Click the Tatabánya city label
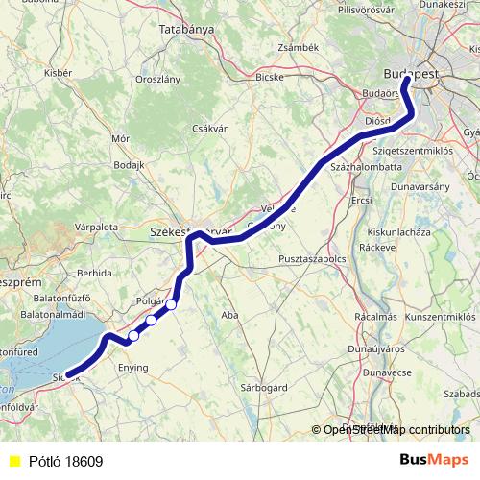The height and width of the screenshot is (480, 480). point(186,30)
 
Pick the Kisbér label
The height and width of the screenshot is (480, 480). point(58,73)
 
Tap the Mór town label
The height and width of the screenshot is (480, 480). point(120,138)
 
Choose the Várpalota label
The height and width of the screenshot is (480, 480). point(96,228)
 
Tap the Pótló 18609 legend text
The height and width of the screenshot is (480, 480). point(65,461)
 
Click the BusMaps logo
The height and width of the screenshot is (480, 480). point(435,460)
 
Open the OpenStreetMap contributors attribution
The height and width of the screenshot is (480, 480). point(396,430)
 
